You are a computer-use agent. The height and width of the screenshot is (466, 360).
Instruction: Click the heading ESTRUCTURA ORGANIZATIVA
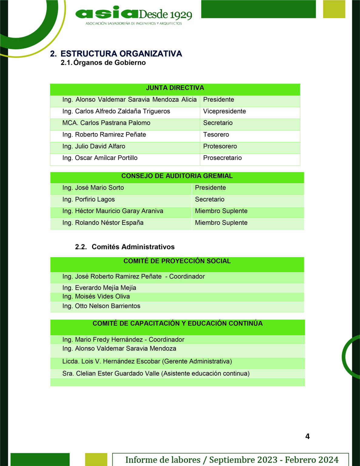(121, 54)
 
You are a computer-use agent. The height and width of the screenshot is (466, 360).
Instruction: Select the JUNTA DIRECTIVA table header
(175, 88)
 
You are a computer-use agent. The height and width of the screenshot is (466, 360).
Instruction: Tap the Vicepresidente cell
(224, 111)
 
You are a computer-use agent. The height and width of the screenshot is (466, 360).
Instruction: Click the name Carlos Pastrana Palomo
(106, 123)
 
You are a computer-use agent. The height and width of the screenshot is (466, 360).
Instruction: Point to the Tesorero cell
(216, 135)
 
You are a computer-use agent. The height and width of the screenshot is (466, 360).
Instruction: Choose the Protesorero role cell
(220, 146)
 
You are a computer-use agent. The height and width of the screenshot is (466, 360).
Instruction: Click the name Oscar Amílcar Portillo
(100, 158)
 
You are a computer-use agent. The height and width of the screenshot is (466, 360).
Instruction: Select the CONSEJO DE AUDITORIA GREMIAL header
(177, 176)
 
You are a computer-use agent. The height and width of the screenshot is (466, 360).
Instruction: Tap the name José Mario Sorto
(93, 188)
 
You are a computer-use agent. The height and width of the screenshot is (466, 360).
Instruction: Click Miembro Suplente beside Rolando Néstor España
(221, 223)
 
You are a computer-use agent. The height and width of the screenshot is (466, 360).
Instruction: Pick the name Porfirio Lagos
(89, 199)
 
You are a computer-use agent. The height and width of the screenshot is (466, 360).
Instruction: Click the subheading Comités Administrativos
(133, 247)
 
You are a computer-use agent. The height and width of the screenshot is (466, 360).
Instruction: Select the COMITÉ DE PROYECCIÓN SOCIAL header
(177, 261)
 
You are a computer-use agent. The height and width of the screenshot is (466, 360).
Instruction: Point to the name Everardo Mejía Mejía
(99, 288)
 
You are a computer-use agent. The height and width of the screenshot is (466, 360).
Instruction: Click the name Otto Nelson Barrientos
(101, 306)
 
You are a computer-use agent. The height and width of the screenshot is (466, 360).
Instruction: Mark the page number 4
(307, 437)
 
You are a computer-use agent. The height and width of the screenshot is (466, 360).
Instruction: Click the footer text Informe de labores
(163, 460)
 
